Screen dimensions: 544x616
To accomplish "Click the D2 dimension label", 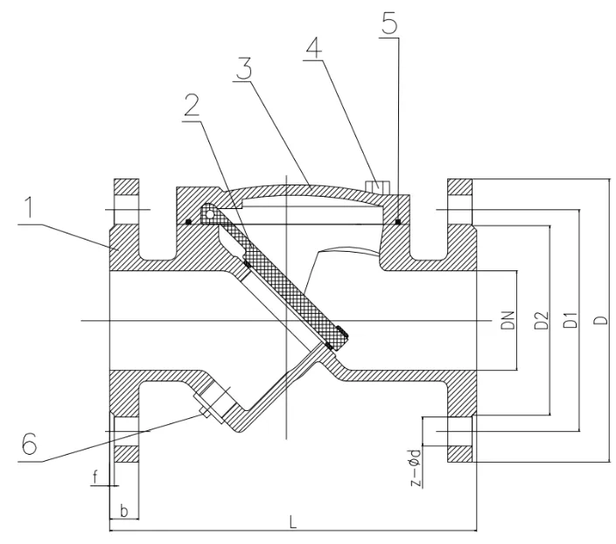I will [x=542, y=321].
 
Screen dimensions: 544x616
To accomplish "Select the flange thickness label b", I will [x=124, y=509].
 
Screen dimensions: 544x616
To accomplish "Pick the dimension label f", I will [x=94, y=478].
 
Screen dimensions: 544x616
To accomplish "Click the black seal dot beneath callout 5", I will [x=397, y=221].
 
